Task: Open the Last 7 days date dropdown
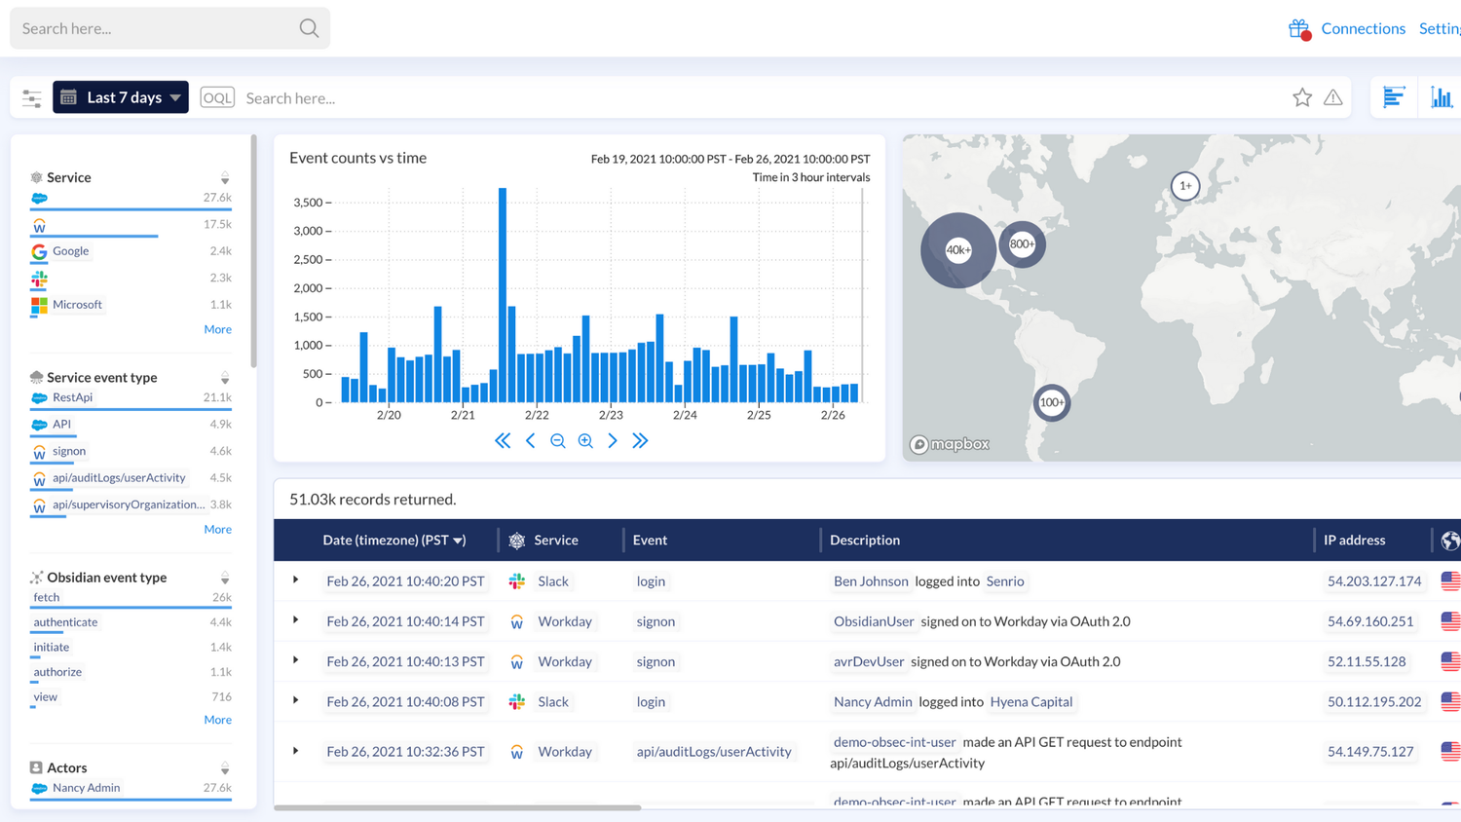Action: click(121, 97)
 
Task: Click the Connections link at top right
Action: click(1362, 28)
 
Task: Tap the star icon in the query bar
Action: click(1301, 97)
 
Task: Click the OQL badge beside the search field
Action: click(216, 97)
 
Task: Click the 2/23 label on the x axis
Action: click(611, 415)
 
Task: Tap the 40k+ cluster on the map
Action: click(958, 250)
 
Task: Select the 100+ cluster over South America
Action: click(1051, 402)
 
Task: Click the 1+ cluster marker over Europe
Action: click(1184, 186)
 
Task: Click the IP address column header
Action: click(1354, 540)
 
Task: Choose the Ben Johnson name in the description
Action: click(870, 581)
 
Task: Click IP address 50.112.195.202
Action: click(1373, 701)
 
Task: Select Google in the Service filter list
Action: click(70, 251)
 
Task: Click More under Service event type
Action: click(217, 530)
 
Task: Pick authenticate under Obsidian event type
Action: click(65, 622)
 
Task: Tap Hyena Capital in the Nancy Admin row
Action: click(1030, 701)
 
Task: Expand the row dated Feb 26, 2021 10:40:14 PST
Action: click(296, 620)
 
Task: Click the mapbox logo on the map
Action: click(950, 444)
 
